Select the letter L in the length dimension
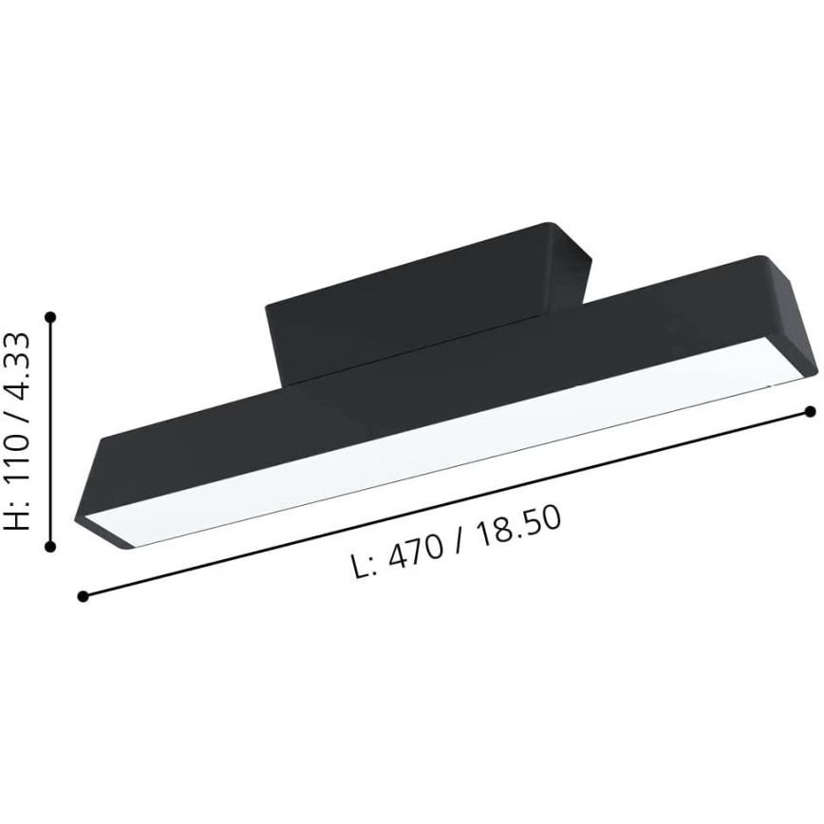359,568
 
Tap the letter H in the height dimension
19,518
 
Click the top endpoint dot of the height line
50,316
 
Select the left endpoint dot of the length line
83,596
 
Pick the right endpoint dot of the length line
810,411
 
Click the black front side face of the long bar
427,399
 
